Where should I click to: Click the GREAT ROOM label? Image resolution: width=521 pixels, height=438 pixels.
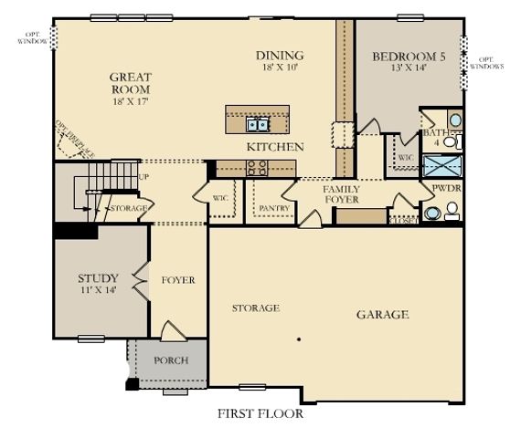tap(130, 84)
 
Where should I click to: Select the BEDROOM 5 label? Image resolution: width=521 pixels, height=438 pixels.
tap(409, 57)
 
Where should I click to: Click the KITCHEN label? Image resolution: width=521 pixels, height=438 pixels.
tap(275, 146)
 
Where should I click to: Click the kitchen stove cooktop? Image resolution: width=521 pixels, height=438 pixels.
tap(255, 167)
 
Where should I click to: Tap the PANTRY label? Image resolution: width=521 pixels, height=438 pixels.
tap(274, 208)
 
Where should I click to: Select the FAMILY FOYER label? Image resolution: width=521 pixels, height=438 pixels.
tap(341, 193)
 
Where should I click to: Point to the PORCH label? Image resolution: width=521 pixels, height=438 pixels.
tap(171, 360)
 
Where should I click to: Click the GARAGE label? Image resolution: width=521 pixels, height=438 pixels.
tap(382, 315)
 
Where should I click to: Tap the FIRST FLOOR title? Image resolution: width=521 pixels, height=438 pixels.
tap(260, 413)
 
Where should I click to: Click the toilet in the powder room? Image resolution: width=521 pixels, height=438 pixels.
tap(450, 211)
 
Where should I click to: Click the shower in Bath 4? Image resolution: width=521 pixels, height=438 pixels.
tap(442, 166)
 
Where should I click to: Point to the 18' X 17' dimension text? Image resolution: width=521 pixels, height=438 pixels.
tap(130, 103)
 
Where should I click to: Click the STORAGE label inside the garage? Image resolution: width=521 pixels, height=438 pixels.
tap(255, 308)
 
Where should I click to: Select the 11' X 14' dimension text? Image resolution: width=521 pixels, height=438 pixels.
tap(98, 290)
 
